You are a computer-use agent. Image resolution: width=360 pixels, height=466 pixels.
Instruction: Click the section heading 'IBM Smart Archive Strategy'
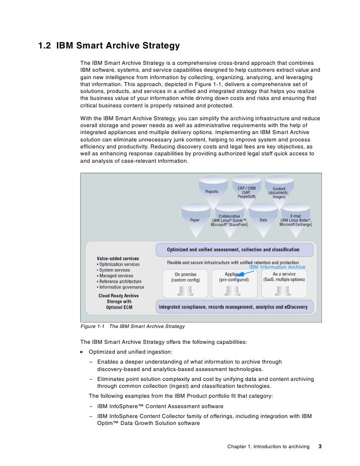point(118,47)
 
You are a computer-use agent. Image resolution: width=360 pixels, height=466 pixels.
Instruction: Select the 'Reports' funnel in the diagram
point(212,190)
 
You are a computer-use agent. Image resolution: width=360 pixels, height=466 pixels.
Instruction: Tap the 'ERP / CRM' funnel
point(246,191)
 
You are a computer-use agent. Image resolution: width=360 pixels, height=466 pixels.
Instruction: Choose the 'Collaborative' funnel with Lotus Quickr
point(229,220)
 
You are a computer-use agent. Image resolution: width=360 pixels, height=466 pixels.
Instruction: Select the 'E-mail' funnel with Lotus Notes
point(296,220)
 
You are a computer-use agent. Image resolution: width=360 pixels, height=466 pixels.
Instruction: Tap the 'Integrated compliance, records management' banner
point(233,307)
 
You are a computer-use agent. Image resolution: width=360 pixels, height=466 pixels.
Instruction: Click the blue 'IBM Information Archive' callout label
point(277,267)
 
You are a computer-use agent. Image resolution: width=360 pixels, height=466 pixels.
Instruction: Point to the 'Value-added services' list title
point(118,258)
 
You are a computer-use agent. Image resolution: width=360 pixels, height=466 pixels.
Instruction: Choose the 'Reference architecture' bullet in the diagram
point(120,281)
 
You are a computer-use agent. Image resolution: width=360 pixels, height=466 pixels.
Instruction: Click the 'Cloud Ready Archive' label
point(119,296)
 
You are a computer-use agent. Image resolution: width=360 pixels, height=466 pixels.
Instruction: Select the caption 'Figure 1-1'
point(92,326)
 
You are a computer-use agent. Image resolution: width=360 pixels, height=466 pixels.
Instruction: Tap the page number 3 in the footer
point(320,447)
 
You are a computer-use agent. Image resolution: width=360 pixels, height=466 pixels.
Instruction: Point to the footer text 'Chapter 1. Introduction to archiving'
point(268,447)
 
